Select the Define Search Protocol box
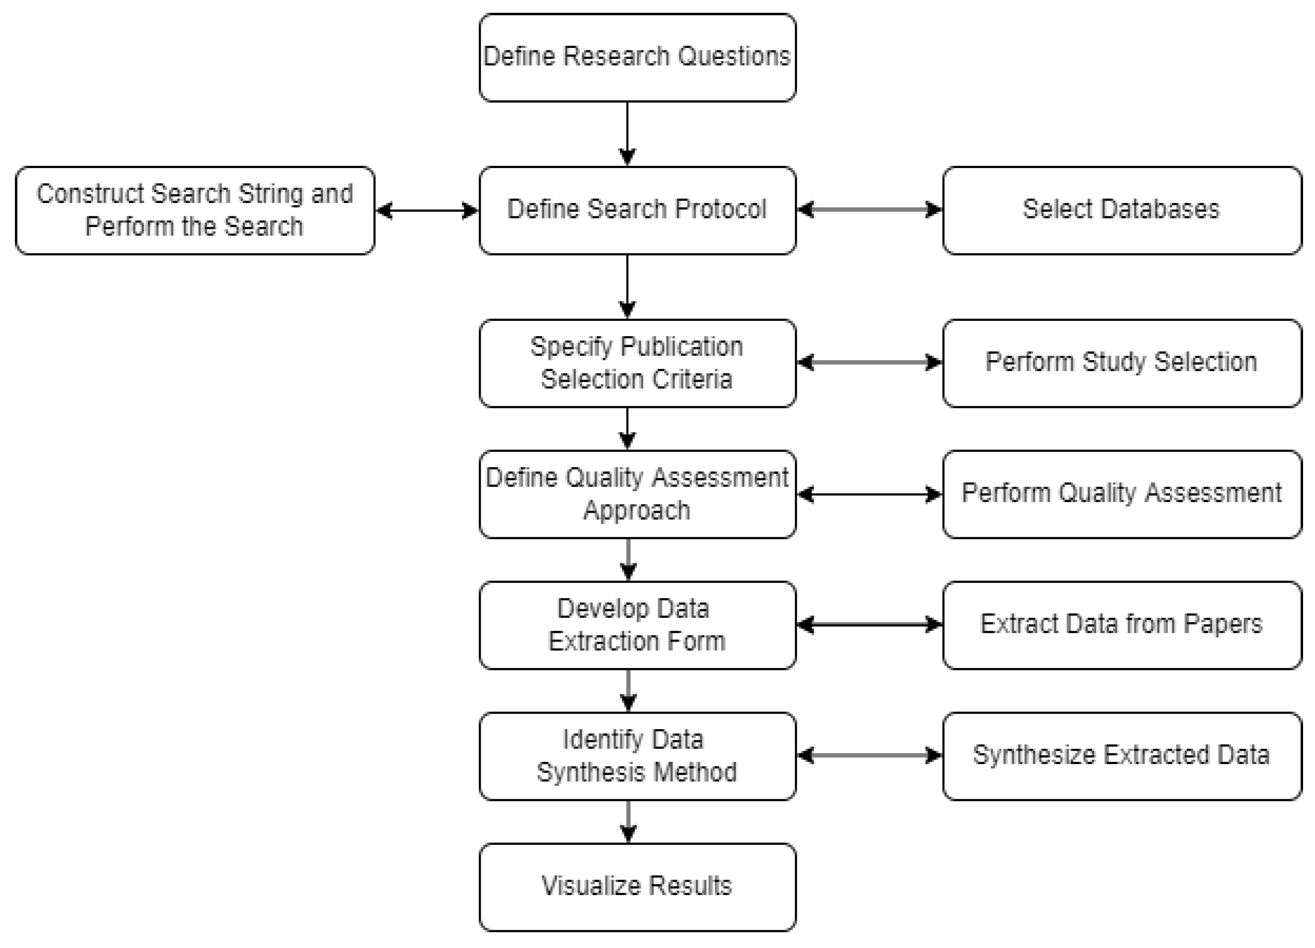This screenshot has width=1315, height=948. click(637, 210)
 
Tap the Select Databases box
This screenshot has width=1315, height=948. click(1121, 210)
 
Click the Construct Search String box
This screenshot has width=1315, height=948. click(195, 210)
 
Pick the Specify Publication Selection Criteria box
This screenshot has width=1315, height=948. click(637, 363)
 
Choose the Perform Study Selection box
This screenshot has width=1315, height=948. click(1121, 363)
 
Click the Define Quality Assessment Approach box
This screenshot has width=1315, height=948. click(637, 494)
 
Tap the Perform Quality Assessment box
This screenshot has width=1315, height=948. click(1121, 494)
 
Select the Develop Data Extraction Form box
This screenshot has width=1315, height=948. click(637, 625)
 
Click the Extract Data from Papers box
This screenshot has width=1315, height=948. click(1121, 625)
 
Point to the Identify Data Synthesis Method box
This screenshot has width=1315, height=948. click(637, 756)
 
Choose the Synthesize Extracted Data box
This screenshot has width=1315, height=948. click(1121, 756)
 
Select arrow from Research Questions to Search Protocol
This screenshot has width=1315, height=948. click(627, 134)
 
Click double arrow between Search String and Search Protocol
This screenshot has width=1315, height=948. click(427, 210)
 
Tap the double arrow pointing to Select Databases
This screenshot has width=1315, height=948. click(869, 209)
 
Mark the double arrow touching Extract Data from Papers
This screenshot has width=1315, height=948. click(869, 625)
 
